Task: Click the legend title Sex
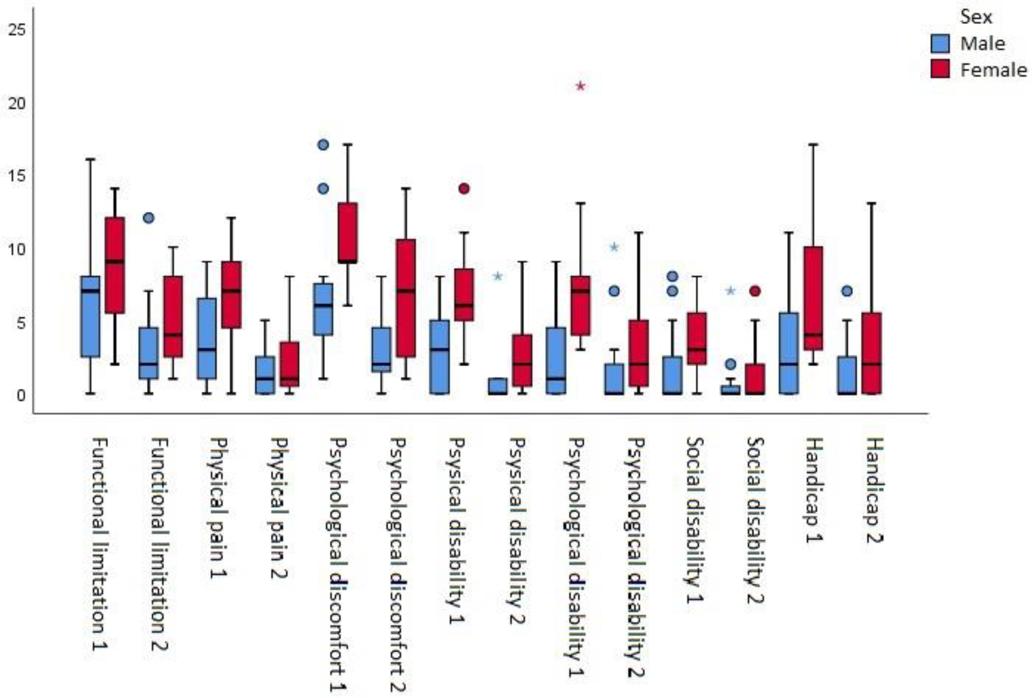[x=976, y=17]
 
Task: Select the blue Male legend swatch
[x=940, y=44]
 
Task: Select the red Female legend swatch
[x=940, y=69]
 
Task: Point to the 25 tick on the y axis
[x=17, y=30]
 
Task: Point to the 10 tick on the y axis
[x=17, y=249]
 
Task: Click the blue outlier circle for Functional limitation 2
[x=149, y=218]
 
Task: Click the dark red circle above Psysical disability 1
[x=464, y=189]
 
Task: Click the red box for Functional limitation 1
[x=115, y=265]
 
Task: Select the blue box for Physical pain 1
[x=207, y=338]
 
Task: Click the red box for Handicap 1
[x=813, y=298]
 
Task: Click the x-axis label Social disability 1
[x=695, y=519]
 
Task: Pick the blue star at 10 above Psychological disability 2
[x=614, y=247]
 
